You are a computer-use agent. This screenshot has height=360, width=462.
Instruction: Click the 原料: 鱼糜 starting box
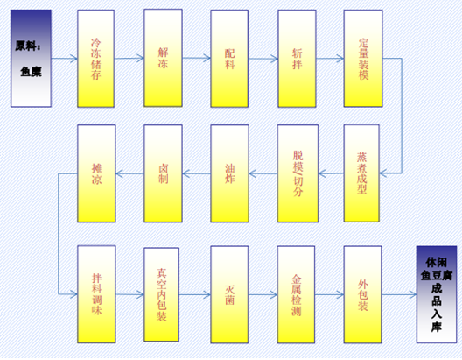coord(31,58)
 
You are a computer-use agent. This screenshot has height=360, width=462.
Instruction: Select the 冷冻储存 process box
coord(95,59)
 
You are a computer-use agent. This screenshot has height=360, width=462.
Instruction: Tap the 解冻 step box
coord(163,58)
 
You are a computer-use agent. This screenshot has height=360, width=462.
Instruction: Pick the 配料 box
coord(229,59)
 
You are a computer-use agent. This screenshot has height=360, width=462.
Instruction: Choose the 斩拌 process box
coord(297,59)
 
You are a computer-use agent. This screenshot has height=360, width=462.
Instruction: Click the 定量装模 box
coord(363,59)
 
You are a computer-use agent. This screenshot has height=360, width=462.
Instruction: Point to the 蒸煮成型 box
coord(361,173)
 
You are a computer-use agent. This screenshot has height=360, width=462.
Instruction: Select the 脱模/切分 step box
coord(297,173)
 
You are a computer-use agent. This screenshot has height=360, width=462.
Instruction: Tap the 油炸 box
coord(229,173)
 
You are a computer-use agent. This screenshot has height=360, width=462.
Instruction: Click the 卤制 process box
coord(163,173)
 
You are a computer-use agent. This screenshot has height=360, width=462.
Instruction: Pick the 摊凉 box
coord(96,173)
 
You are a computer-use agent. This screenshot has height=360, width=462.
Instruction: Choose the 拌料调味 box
coord(96,294)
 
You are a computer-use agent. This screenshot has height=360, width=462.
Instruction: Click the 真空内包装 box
coord(162,294)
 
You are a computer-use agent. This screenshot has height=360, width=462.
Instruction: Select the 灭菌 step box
coord(229,294)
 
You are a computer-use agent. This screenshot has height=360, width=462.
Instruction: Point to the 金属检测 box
coord(296,294)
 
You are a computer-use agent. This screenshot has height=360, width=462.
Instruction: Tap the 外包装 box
coord(362,294)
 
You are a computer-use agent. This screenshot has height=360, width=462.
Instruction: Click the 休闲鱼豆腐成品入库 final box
coord(437,294)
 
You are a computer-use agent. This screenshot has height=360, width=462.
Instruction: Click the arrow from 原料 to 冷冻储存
coord(64,59)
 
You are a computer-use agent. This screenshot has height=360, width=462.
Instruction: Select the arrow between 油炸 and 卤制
coord(197,173)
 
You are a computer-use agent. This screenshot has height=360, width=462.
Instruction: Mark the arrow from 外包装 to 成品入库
coord(399,294)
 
